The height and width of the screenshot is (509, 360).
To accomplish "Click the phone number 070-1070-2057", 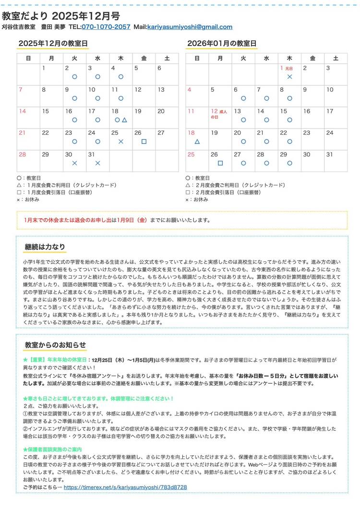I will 106,27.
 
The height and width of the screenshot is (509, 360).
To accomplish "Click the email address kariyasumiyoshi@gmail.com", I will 190,27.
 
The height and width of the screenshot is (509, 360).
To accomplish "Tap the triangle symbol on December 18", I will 124,119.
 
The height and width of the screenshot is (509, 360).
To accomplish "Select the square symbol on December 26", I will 144,142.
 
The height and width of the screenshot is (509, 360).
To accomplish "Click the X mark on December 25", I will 121,142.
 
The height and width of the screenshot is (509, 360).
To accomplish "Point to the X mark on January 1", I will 289,76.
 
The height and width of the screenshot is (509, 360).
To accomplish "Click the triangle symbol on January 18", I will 197,142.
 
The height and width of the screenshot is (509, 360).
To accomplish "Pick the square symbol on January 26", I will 220,163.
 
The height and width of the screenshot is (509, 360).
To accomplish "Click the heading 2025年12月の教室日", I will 53,43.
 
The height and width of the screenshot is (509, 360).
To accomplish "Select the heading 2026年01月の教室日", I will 221,43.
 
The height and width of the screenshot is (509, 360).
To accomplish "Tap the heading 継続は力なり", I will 45,247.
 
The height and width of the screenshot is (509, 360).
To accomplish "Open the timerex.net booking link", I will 125,487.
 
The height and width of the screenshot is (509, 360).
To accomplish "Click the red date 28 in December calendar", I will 23,154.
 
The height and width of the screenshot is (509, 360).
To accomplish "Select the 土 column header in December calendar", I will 167,58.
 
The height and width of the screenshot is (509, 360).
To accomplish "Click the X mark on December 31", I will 97,163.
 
